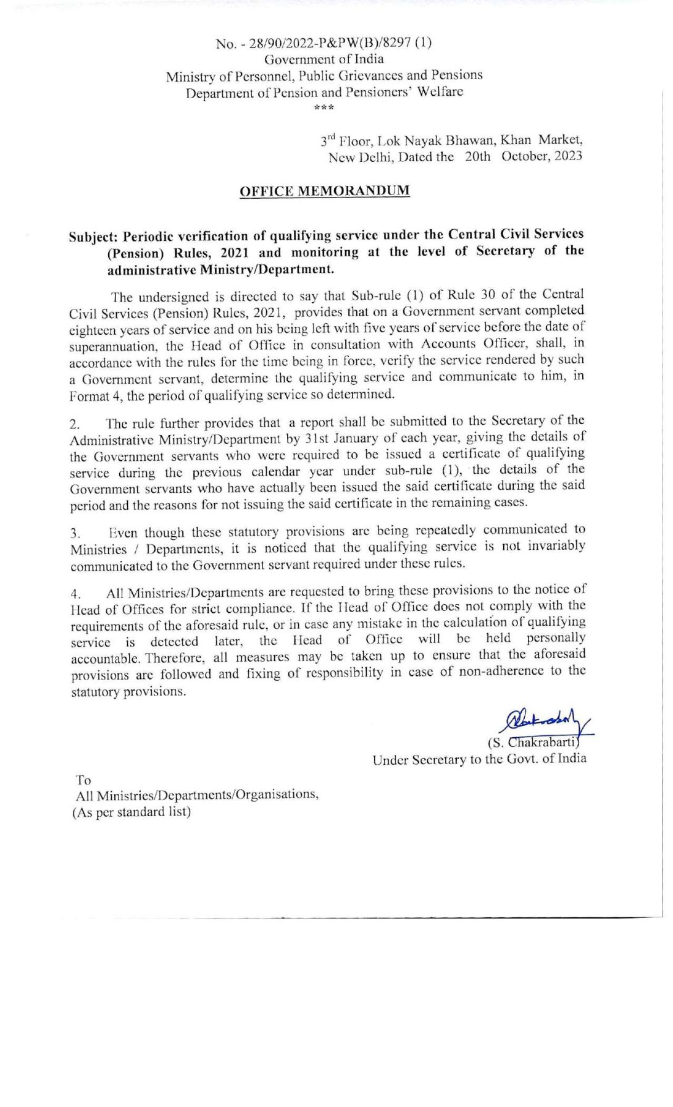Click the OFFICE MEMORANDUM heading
(324, 191)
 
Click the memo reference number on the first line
(324, 43)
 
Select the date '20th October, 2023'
(523, 156)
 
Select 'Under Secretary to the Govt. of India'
(479, 759)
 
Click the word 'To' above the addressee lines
(83, 780)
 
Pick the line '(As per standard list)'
(132, 812)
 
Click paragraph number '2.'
(75, 424)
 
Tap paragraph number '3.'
(75, 533)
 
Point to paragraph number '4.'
(75, 594)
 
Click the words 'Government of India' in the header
(324, 59)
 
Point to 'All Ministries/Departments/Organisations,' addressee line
(197, 795)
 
